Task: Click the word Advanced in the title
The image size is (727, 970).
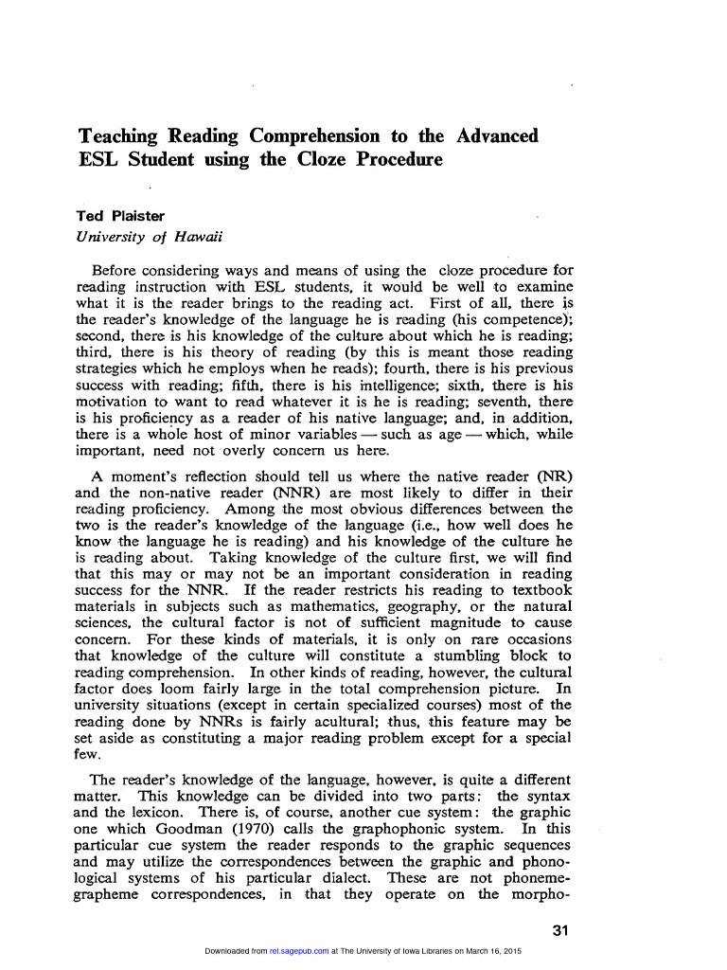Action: point(497,135)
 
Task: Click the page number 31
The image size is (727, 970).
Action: point(559,931)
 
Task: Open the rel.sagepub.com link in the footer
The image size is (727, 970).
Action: point(299,951)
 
